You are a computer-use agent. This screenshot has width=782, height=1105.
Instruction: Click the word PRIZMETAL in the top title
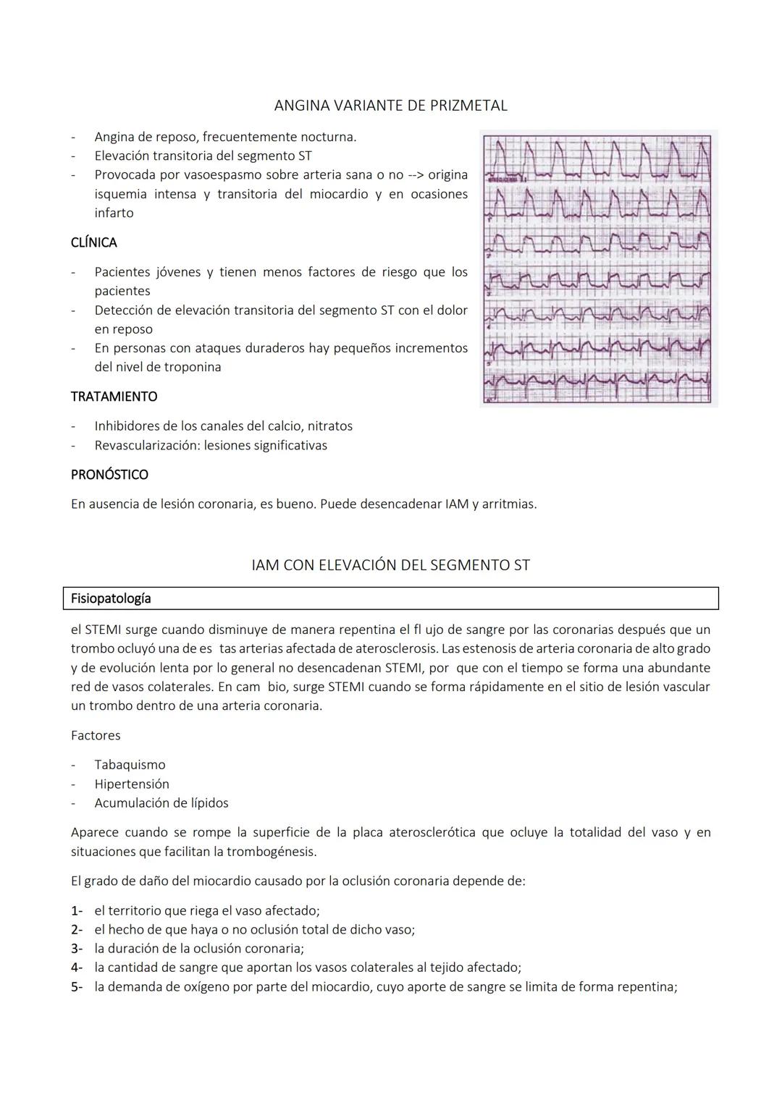pyautogui.click(x=468, y=106)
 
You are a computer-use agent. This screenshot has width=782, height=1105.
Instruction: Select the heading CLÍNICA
pyautogui.click(x=93, y=242)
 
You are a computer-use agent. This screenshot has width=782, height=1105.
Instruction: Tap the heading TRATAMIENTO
pyautogui.click(x=114, y=397)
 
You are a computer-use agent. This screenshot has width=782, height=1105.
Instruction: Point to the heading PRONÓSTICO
pyautogui.click(x=109, y=475)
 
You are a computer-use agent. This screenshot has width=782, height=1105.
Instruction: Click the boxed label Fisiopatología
pyautogui.click(x=111, y=598)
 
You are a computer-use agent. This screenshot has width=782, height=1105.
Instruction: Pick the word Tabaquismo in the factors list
pyautogui.click(x=130, y=765)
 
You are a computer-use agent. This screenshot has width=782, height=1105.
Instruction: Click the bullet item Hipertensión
pyautogui.click(x=132, y=784)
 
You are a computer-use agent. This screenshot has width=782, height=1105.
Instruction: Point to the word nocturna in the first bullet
pyautogui.click(x=329, y=137)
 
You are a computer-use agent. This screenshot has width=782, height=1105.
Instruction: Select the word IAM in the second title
pyautogui.click(x=266, y=565)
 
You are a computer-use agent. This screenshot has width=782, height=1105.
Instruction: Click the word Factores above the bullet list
pyautogui.click(x=96, y=735)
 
